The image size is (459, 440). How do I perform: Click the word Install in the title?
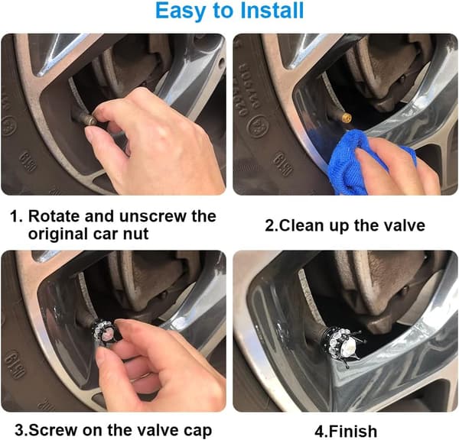click(272, 10)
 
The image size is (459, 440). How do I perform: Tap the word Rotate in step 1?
click(54, 216)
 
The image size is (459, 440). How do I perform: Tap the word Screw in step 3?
click(54, 430)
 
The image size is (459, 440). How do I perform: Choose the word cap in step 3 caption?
click(198, 432)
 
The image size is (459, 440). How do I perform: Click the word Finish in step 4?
click(353, 432)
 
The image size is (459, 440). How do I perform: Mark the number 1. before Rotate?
click(16, 217)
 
